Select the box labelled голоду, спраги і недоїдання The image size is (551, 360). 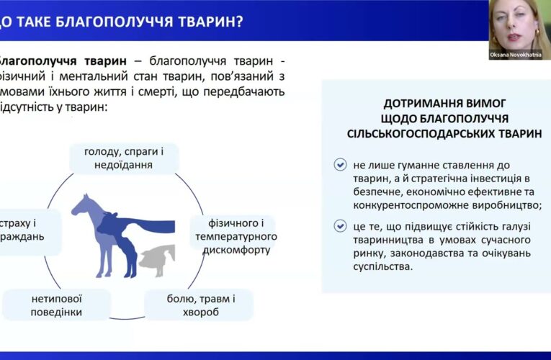(123, 158)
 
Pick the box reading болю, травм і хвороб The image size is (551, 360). (199, 305)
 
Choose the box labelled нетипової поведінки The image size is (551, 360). (55, 305)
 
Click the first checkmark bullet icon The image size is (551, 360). (340, 165)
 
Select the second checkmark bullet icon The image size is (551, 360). (340, 226)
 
